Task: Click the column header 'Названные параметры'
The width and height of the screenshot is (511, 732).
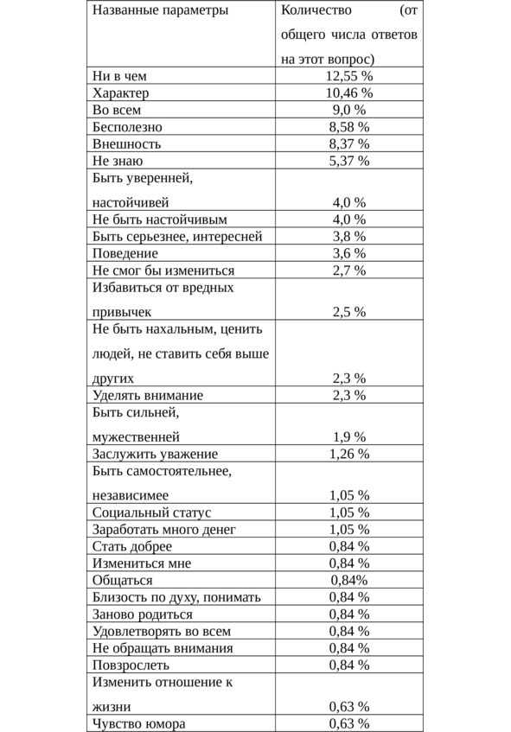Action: click(160, 11)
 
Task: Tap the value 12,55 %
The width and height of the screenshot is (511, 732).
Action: click(349, 76)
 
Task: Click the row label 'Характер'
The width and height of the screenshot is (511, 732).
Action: click(120, 93)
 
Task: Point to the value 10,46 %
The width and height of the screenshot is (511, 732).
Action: click(349, 93)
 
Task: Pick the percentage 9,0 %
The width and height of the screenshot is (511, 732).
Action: click(349, 110)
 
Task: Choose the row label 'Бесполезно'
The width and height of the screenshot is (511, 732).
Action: click(127, 127)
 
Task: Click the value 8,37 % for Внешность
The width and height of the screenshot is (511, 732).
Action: click(349, 144)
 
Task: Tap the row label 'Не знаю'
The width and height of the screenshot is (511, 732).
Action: click(118, 161)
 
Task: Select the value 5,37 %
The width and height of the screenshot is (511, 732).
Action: click(349, 161)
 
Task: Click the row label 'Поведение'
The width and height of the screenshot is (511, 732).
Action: click(125, 253)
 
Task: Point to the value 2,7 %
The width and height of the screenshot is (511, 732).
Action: click(349, 271)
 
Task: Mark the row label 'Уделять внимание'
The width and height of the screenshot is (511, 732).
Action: click(148, 395)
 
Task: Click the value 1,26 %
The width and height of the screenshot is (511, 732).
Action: click(349, 454)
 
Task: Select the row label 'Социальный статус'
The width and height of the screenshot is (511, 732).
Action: click(151, 512)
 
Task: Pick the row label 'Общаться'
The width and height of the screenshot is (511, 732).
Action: click(123, 580)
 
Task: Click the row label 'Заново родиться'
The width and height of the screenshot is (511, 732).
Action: click(143, 614)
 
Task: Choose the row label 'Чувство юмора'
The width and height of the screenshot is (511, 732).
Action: click(139, 723)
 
